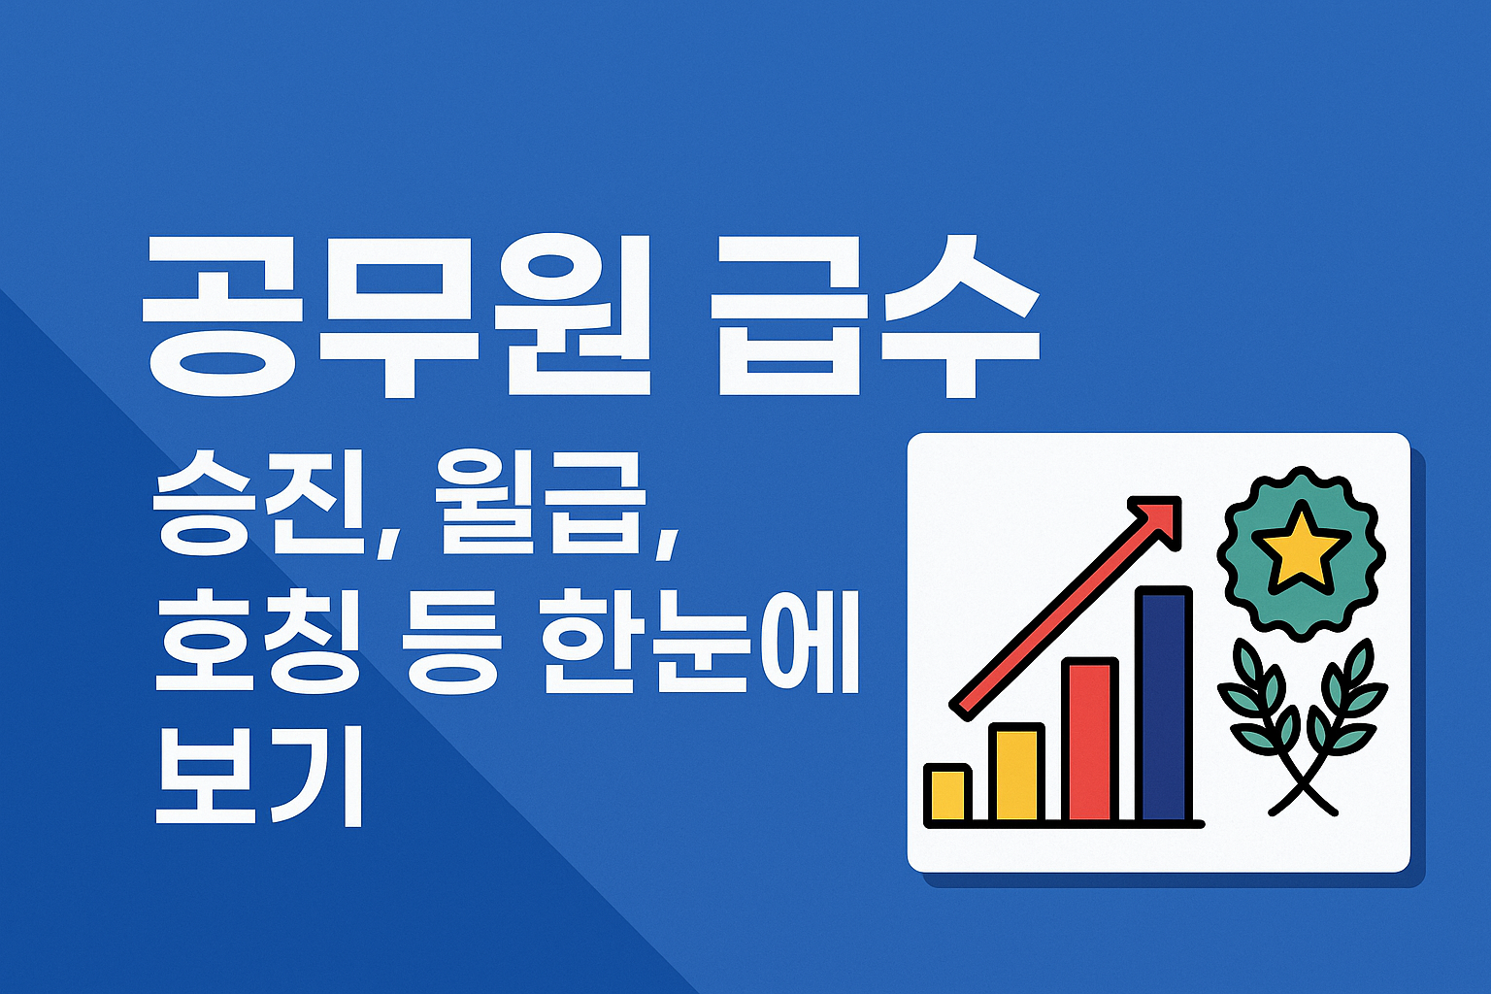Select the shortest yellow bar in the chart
coord(946,794)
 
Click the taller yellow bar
coord(1016,774)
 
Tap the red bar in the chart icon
coord(1089,740)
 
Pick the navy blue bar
coord(1164,705)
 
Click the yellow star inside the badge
coord(1300,547)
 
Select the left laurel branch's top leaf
coord(1247,660)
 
